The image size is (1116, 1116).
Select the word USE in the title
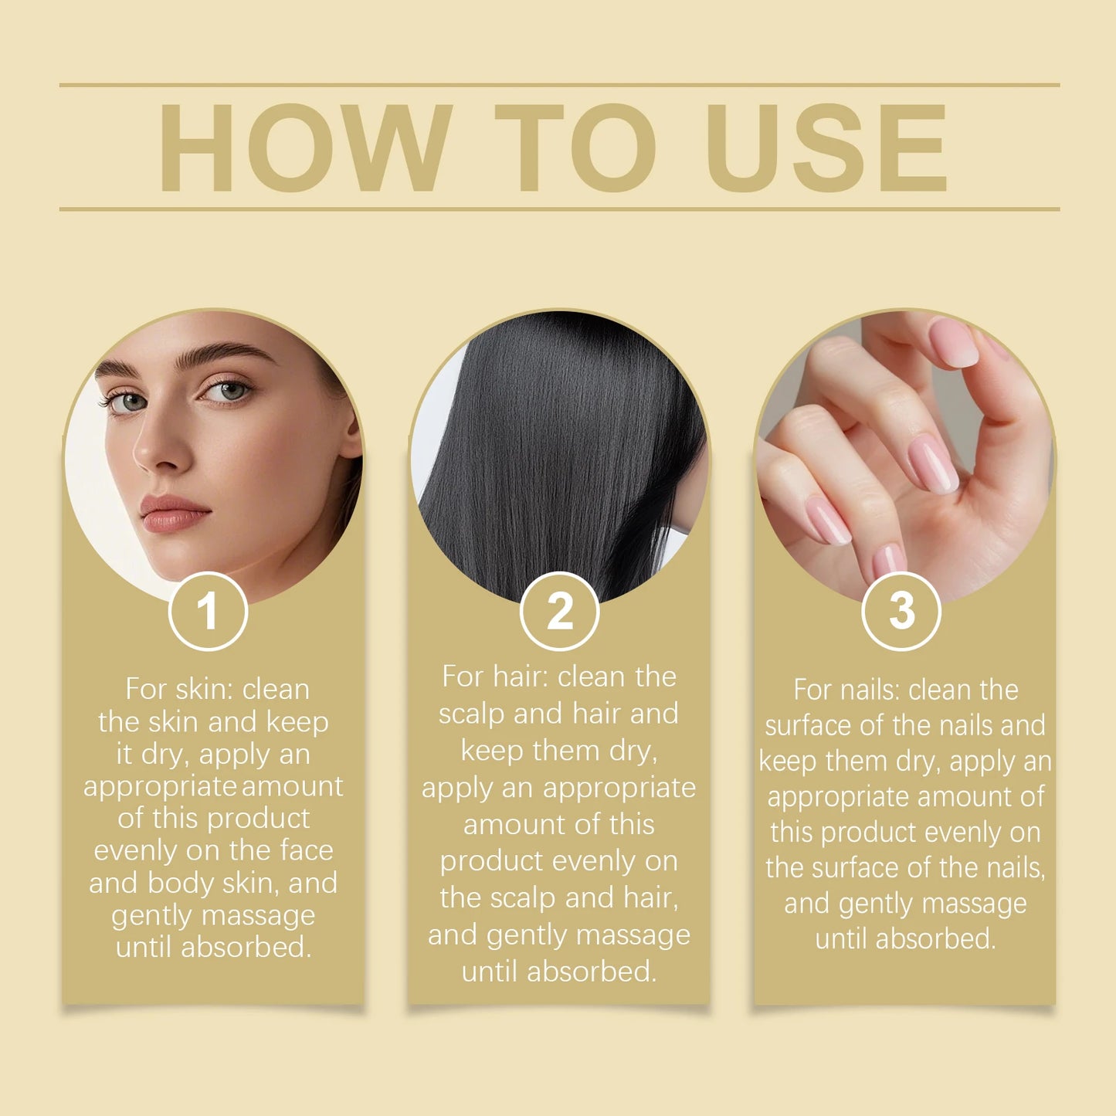coord(826,148)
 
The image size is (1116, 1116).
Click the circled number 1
coord(208,612)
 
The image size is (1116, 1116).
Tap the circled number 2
coord(559,612)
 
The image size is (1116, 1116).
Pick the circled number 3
coord(901,612)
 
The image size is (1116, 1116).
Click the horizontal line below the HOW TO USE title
coord(559,209)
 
